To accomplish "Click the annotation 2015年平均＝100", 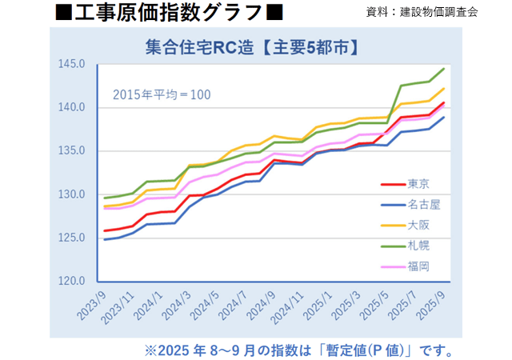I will point(161,94).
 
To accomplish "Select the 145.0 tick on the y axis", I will point(72,64).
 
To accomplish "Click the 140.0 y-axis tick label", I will point(72,107).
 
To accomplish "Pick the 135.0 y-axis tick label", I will point(72,150).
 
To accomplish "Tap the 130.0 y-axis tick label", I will point(72,194).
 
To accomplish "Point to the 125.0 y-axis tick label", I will point(72,238).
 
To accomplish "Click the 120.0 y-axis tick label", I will point(72,281).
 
